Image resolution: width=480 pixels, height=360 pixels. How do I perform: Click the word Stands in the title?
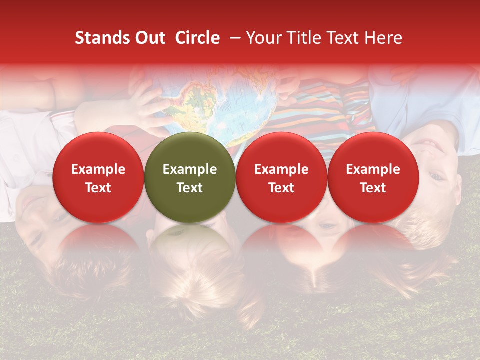(99, 38)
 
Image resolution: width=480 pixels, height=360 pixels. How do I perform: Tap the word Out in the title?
(149, 38)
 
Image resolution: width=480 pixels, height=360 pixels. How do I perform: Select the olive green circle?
(190, 177)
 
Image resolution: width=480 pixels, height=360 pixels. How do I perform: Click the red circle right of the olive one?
(281, 177)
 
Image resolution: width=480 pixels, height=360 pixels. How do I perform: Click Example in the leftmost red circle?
(98, 169)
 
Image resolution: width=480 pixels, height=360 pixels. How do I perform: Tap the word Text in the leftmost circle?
(98, 188)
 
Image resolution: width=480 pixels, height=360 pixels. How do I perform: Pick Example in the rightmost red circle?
(373, 169)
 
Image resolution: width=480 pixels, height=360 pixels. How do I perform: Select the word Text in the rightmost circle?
(373, 188)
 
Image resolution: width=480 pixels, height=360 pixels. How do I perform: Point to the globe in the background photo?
(220, 107)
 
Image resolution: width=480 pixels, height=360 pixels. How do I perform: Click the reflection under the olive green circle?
(190, 245)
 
